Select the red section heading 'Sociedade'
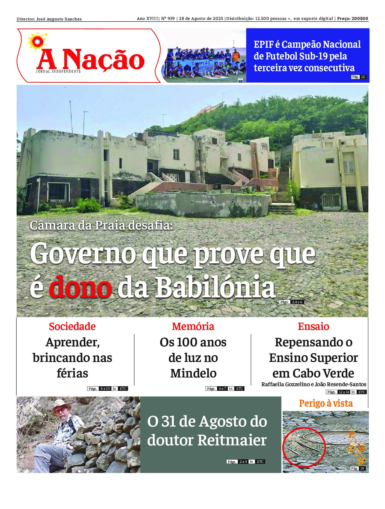[72, 326]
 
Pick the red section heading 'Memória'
[193, 326]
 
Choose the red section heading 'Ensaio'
[314, 326]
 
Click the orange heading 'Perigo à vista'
[326, 403]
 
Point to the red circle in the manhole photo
[304, 448]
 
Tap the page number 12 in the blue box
[363, 77]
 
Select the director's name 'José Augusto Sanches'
[59, 19]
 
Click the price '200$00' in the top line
[360, 19]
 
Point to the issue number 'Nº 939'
[168, 19]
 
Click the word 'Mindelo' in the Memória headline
[193, 373]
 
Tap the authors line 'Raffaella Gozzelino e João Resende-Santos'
[314, 384]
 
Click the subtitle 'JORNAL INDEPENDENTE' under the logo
[58, 71]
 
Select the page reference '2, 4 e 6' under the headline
[297, 302]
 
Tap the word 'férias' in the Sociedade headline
[72, 373]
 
